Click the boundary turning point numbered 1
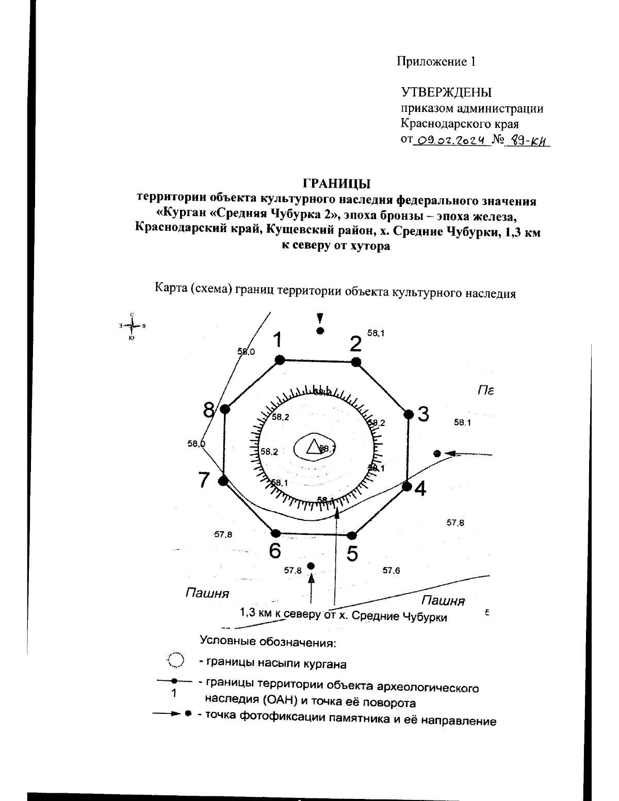pos(280,360)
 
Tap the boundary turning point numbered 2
pos(355,362)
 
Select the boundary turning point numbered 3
pos(409,414)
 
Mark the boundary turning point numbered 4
pos(406,486)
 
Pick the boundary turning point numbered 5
pos(352,535)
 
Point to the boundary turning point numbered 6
pos(275,533)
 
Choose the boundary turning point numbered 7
pos(223,481)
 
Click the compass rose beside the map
pos(133,325)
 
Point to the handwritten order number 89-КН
pos(526,140)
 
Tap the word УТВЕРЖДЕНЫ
pos(446,93)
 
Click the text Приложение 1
pos(436,62)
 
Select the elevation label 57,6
pos(391,570)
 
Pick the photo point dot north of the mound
pos(320,331)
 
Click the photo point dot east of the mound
pos(437,453)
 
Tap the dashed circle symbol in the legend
pos(176,659)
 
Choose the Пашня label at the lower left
pos(207,593)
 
